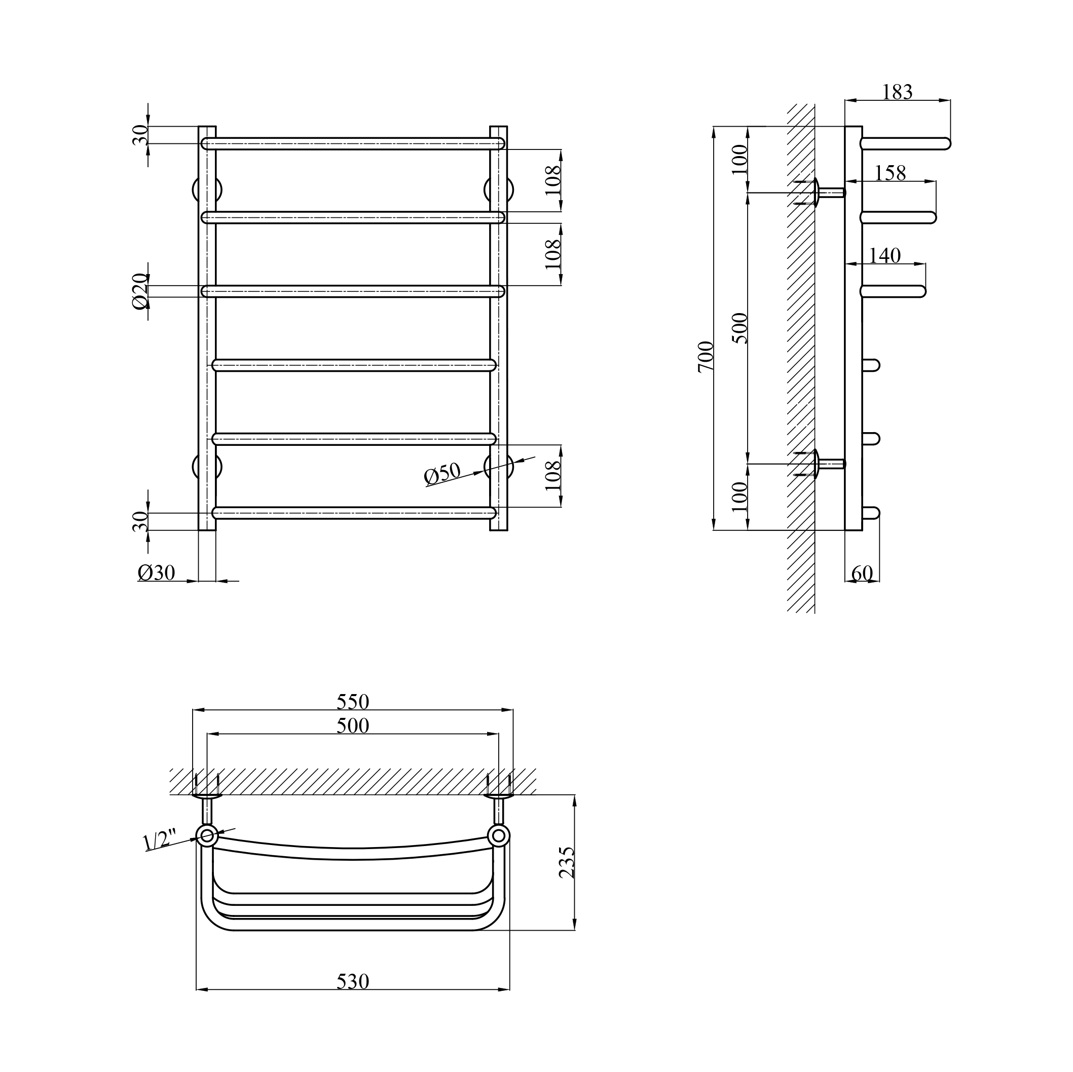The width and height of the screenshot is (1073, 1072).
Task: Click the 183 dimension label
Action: click(x=898, y=92)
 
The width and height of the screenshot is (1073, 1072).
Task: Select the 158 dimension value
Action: click(x=890, y=173)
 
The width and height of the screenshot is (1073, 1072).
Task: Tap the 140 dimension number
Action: click(x=885, y=255)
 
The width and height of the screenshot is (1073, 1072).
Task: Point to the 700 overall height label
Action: click(x=706, y=357)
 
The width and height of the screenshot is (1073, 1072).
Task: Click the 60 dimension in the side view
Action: click(x=862, y=573)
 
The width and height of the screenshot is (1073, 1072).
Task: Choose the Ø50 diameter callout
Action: click(x=442, y=474)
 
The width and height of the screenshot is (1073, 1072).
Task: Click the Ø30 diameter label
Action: click(x=157, y=572)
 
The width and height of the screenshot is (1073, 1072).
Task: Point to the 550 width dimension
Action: click(x=353, y=702)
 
